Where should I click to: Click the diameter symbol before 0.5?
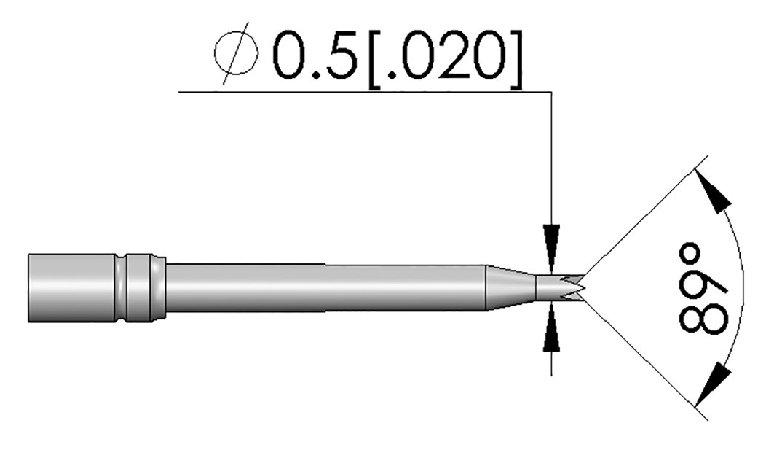click(x=237, y=55)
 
